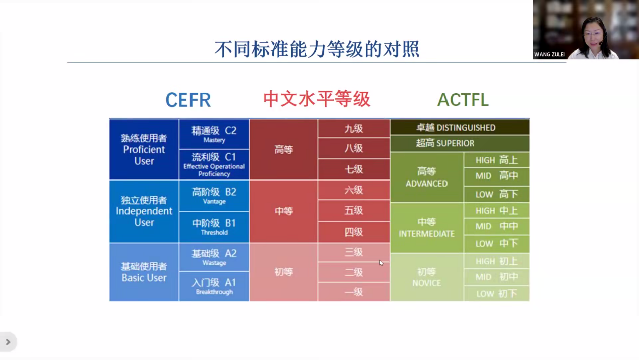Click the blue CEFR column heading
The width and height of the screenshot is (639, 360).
tap(188, 100)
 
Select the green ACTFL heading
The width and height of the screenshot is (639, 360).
tap(463, 100)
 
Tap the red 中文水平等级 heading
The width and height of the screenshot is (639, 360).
tap(316, 99)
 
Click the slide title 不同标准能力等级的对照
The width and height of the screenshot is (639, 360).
tap(316, 49)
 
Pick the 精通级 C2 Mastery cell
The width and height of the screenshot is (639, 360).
tap(214, 134)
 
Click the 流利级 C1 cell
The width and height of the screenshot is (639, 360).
tap(214, 165)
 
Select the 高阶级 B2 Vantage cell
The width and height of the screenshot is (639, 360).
tap(214, 196)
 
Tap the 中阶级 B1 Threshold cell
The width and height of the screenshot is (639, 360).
tap(214, 227)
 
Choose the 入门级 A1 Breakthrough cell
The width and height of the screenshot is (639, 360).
tap(214, 286)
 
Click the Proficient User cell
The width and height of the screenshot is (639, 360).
tap(144, 150)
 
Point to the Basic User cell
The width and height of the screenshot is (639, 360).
tap(144, 272)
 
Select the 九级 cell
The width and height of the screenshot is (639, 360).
tap(354, 129)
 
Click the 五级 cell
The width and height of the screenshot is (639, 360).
tap(354, 211)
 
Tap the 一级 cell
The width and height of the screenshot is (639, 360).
tap(354, 292)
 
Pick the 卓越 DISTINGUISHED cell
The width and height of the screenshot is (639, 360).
tap(460, 127)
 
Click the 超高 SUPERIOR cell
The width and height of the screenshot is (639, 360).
tap(460, 143)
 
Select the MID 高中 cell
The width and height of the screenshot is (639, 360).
tap(497, 176)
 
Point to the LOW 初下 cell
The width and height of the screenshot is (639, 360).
tap(497, 294)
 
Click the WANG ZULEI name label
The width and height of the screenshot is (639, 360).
tap(549, 54)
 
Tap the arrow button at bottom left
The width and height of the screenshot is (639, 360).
tap(8, 342)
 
